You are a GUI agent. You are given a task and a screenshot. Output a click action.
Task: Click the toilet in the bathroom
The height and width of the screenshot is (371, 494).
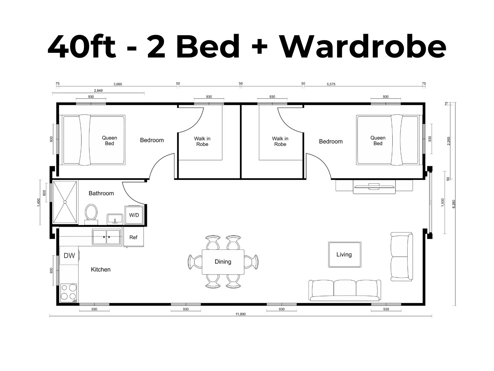(x=91, y=214)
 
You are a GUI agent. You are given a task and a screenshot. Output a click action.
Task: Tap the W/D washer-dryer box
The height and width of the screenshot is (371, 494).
(x=134, y=215)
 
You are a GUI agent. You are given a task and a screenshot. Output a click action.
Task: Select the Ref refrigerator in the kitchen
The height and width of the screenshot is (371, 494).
(x=133, y=237)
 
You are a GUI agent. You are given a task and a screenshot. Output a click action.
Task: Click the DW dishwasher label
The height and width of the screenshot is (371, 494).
(x=69, y=255)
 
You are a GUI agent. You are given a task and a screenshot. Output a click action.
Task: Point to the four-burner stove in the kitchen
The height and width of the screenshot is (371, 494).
(x=69, y=293)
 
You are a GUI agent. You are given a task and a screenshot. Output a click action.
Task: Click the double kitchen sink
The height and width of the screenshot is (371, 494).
(x=106, y=237)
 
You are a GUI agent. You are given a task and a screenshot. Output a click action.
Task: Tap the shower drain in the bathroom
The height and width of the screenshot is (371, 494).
(x=65, y=202)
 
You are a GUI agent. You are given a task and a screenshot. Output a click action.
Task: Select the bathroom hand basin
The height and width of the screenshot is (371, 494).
(x=115, y=219)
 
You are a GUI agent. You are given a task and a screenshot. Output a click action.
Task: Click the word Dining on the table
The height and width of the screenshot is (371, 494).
(x=223, y=262)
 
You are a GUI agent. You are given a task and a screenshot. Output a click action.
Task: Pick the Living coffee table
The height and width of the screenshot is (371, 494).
(x=345, y=254)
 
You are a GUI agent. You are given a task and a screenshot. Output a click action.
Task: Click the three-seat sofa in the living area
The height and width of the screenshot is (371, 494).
(x=345, y=290)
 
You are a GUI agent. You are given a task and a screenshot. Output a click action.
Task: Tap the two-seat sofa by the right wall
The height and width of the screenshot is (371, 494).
(x=402, y=257)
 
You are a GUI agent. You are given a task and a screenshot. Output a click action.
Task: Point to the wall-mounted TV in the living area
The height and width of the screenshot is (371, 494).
(x=374, y=186)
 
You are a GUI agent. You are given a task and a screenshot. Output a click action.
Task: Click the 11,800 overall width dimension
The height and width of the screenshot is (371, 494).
(x=241, y=314)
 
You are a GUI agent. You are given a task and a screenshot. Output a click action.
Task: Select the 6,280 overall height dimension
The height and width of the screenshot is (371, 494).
(x=454, y=204)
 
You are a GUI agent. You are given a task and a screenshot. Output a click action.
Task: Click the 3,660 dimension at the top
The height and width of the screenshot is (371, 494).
(x=118, y=84)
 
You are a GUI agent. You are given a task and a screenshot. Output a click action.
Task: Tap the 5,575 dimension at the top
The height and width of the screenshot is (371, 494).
(x=331, y=84)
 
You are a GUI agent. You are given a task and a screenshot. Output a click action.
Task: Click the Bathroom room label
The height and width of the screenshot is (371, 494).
(x=101, y=193)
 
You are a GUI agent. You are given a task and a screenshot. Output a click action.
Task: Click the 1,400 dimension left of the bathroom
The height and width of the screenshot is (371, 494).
(x=39, y=203)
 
